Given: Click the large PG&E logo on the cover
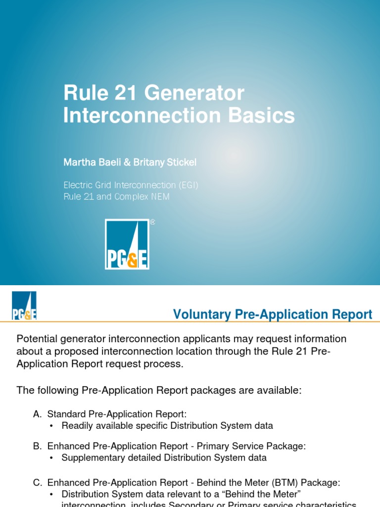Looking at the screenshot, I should tap(127, 244).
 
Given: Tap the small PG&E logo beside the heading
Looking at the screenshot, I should tap(24, 305).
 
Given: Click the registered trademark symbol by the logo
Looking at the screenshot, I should tap(152, 223).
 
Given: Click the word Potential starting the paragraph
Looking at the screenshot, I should tap(39, 339).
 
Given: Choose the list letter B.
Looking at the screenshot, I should tap(38, 446).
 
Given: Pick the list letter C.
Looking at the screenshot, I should tap(38, 482).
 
